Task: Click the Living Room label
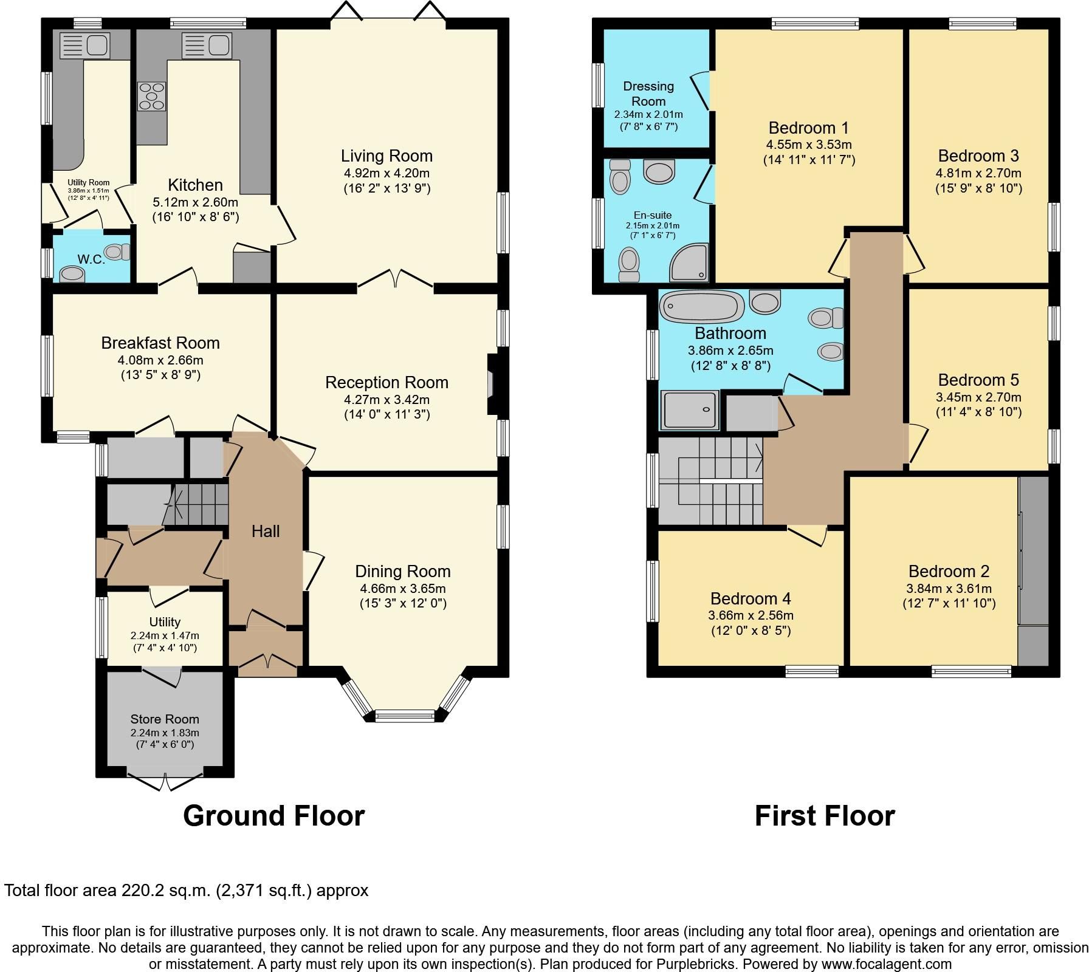(386, 156)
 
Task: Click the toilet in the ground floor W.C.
(117, 251)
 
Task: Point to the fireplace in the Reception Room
(491, 385)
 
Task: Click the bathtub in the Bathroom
(702, 306)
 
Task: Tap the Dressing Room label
(648, 94)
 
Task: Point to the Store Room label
(165, 719)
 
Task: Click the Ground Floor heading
(273, 816)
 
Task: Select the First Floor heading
(825, 816)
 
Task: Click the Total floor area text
(186, 891)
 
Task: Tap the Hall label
(266, 532)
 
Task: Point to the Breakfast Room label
(160, 343)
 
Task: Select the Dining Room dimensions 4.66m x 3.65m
(403, 589)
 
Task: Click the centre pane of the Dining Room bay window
(405, 716)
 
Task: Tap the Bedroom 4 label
(751, 599)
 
